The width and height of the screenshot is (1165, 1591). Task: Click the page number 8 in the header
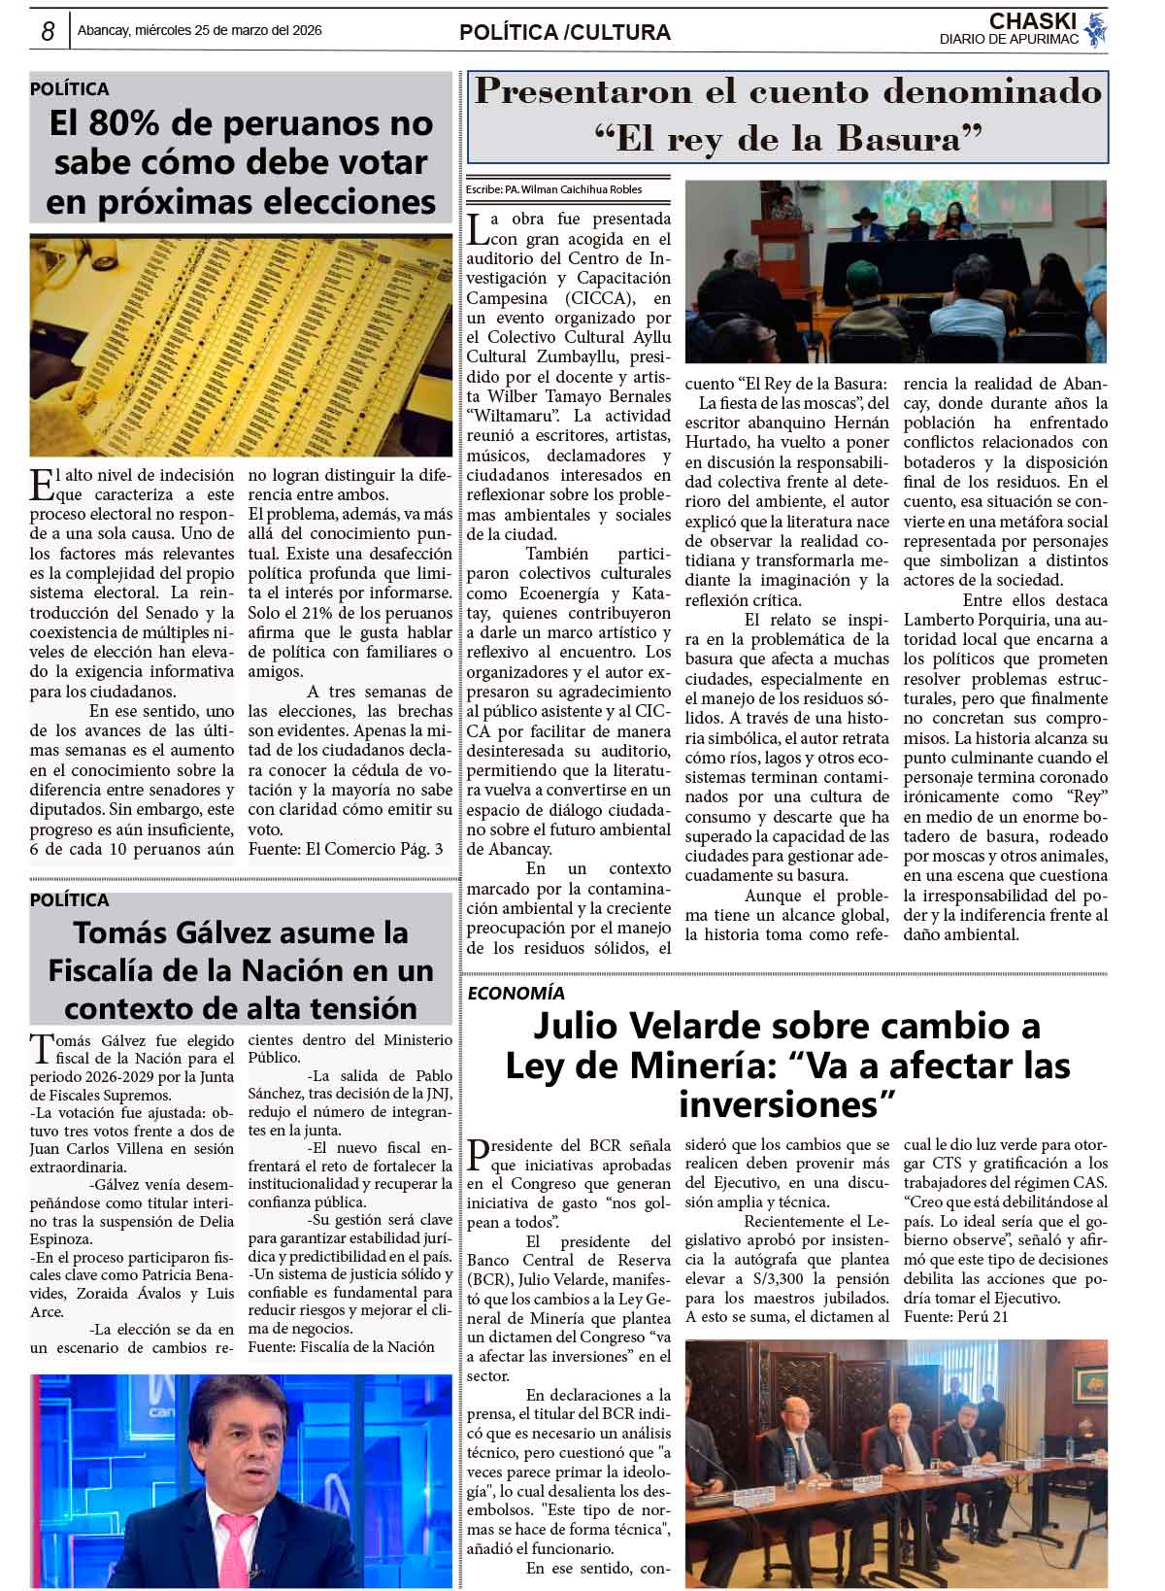click(x=47, y=32)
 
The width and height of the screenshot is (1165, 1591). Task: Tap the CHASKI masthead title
click(x=1032, y=21)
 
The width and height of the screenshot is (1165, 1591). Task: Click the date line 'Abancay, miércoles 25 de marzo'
click(x=199, y=31)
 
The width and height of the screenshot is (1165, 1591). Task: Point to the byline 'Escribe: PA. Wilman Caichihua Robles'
click(x=553, y=189)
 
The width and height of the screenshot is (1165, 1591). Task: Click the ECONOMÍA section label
click(x=516, y=993)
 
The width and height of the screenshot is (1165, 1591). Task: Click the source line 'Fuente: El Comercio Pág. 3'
click(x=346, y=849)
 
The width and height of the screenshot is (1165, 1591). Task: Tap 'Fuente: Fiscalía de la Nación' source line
click(x=341, y=1346)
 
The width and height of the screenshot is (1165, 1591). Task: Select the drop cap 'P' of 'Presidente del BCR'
click(x=478, y=1154)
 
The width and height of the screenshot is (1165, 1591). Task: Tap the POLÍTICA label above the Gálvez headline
click(x=69, y=899)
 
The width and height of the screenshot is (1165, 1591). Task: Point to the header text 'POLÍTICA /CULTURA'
click(x=564, y=33)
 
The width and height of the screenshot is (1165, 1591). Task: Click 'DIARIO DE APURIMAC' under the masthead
click(x=1009, y=39)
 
